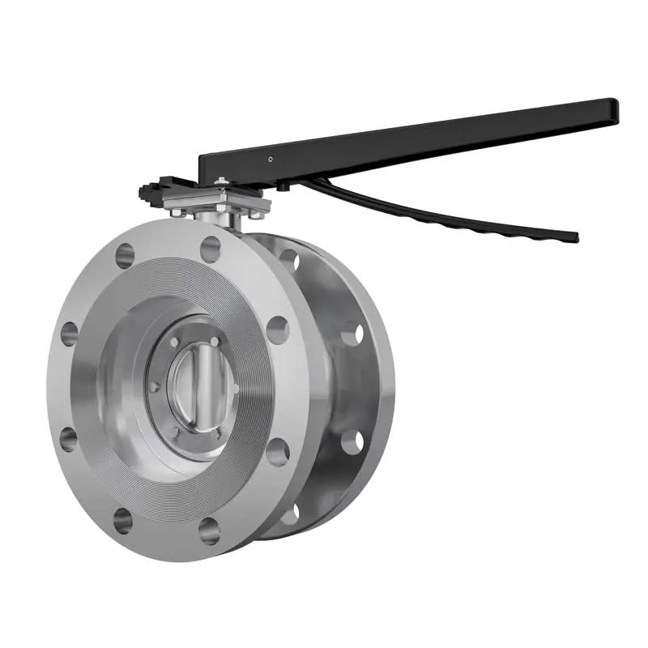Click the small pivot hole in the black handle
[270, 159]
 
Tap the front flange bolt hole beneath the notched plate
[124, 256]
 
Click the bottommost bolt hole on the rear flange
[290, 514]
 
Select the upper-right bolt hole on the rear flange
[352, 333]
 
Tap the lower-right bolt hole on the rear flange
[352, 442]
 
